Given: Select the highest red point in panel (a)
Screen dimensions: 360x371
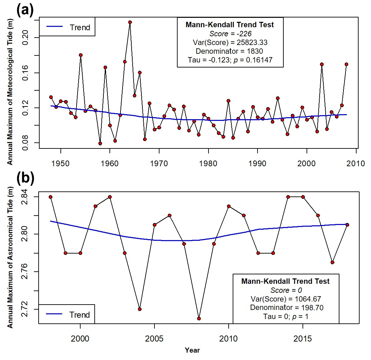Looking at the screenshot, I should click(x=130, y=22).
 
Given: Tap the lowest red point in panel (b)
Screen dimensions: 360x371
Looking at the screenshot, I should click(x=199, y=318).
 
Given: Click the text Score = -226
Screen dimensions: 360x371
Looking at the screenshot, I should click(x=230, y=34).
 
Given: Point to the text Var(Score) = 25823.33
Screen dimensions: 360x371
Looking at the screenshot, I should click(x=230, y=43).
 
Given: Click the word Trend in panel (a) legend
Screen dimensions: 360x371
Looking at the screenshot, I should click(x=80, y=28).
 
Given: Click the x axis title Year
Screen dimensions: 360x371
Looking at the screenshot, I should click(x=192, y=350).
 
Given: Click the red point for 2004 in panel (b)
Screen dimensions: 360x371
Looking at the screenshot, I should click(x=140, y=309).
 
